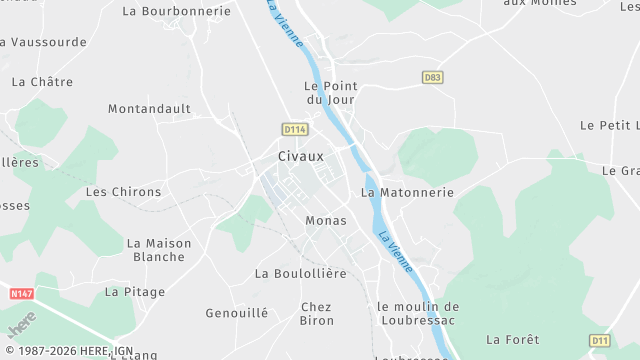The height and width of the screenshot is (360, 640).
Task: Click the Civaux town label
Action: pyautogui.click(x=301, y=157)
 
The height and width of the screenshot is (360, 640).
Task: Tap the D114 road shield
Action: pyautogui.click(x=294, y=129)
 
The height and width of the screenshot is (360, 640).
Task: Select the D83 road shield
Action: pyautogui.click(x=432, y=77)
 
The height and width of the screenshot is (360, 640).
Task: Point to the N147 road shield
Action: pyautogui.click(x=21, y=294)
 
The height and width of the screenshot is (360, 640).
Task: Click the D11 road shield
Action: pyautogui.click(x=599, y=341)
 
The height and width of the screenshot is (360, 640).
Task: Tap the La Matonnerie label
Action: pyautogui.click(x=407, y=192)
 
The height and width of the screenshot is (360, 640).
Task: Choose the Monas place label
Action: pyautogui.click(x=326, y=220)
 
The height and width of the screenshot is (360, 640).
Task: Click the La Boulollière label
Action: pyautogui.click(x=300, y=273)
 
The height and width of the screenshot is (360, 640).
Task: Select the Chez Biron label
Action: pyautogui.click(x=317, y=313)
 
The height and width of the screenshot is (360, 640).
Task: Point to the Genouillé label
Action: pyautogui.click(x=237, y=313)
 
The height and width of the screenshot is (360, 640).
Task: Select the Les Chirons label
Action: pyautogui.click(x=123, y=192)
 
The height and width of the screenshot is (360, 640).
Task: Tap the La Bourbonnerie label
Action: pyautogui.click(x=176, y=12)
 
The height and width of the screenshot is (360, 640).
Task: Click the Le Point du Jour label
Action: pyautogui.click(x=331, y=92)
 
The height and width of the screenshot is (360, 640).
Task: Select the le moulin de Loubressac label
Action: pyautogui.click(x=418, y=312)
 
